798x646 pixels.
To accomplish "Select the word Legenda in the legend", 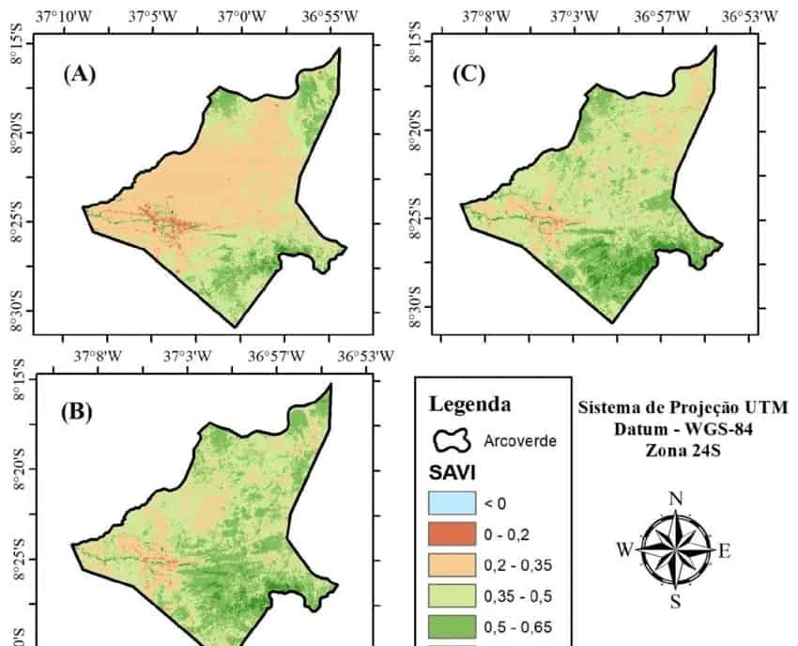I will (x=470, y=405).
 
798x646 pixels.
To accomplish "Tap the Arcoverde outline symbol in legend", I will (x=451, y=439).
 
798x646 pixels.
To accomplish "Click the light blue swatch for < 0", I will (x=453, y=503).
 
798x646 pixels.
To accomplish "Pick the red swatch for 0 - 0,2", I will (x=453, y=535).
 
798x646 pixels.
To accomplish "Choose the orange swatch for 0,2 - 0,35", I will (x=453, y=566).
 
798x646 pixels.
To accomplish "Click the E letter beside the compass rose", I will (x=724, y=551).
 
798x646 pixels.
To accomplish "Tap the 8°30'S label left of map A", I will (x=15, y=311).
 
